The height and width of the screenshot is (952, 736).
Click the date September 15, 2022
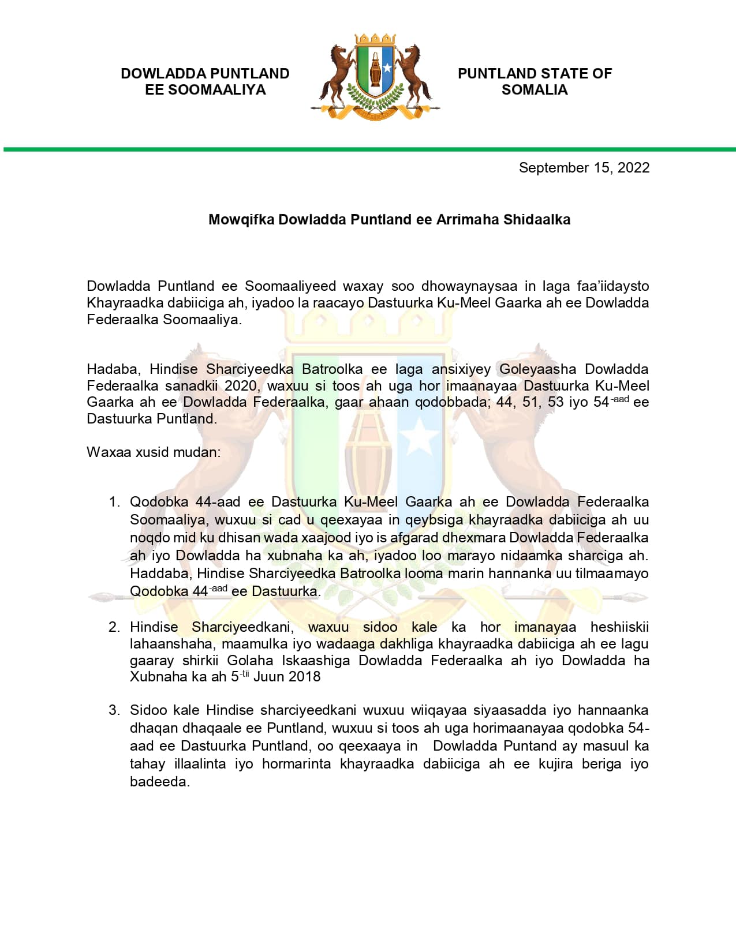coord(584,168)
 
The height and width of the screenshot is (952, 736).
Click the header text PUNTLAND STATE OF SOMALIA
coord(535,81)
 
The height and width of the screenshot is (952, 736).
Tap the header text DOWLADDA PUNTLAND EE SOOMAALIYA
coord(205,81)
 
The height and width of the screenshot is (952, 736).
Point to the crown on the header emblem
coord(375,40)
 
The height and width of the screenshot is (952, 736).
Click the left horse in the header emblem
coord(339,72)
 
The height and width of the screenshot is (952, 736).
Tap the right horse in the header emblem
coord(413,72)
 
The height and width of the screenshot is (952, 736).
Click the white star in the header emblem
coord(387,68)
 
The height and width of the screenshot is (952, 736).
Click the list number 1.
coord(114,502)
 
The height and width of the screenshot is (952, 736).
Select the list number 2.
coord(114,627)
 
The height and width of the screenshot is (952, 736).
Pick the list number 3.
coord(114,710)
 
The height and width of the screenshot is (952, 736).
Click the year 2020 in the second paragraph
coord(241,386)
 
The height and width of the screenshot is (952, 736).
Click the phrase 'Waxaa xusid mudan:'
coord(154,452)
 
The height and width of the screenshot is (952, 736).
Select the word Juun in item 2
coord(268,677)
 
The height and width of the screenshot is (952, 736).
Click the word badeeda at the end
coord(159,782)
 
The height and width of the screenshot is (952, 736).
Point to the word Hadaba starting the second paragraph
coord(113,369)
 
